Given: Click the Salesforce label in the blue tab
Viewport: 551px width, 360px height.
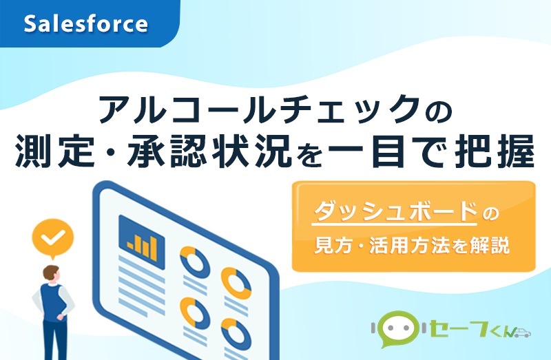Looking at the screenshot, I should pos(86,25).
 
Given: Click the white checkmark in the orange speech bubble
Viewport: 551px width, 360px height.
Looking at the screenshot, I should pos(53,238).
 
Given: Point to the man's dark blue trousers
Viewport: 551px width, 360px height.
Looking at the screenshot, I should pos(53,341).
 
